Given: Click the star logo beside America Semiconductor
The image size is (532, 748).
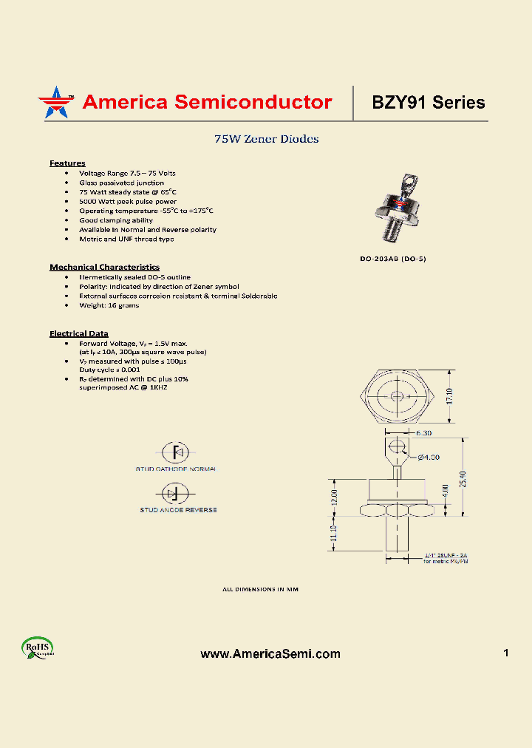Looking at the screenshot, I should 55,102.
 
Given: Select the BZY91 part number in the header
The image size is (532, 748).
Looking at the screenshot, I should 399,103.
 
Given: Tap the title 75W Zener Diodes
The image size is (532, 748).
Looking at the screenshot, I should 266,139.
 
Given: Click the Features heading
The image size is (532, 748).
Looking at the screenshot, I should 67,163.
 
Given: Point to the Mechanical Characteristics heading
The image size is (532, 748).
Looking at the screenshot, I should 104,267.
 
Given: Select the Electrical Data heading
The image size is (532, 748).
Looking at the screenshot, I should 79,333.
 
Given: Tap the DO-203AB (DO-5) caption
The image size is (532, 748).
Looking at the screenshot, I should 393,259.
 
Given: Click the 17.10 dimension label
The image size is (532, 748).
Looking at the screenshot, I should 449,396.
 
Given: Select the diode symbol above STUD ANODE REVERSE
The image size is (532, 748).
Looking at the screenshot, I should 176,493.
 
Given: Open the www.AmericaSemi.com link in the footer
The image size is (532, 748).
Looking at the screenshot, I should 270,653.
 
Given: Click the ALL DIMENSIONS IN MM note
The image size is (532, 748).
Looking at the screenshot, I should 260,589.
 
